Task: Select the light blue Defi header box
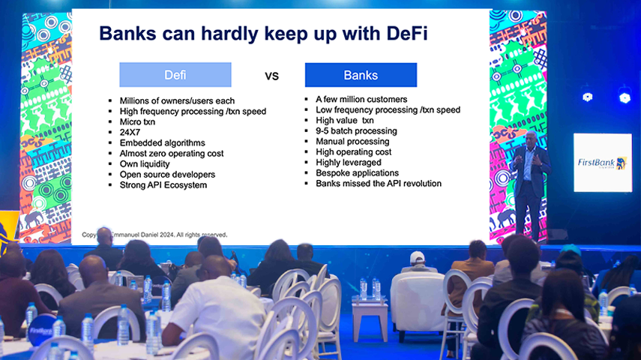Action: [175, 75]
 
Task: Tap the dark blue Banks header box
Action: [361, 75]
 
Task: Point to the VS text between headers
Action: [271, 76]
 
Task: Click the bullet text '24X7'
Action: [130, 132]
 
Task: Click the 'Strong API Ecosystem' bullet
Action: [163, 184]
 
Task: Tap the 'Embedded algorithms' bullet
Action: [162, 142]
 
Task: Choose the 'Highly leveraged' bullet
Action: [349, 162]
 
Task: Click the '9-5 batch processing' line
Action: [356, 130]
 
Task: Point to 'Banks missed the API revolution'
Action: [379, 183]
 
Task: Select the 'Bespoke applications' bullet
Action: [358, 172]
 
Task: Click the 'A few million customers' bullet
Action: [361, 99]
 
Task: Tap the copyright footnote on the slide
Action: [154, 235]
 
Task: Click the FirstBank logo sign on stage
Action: [602, 163]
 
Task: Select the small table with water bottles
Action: [370, 307]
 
